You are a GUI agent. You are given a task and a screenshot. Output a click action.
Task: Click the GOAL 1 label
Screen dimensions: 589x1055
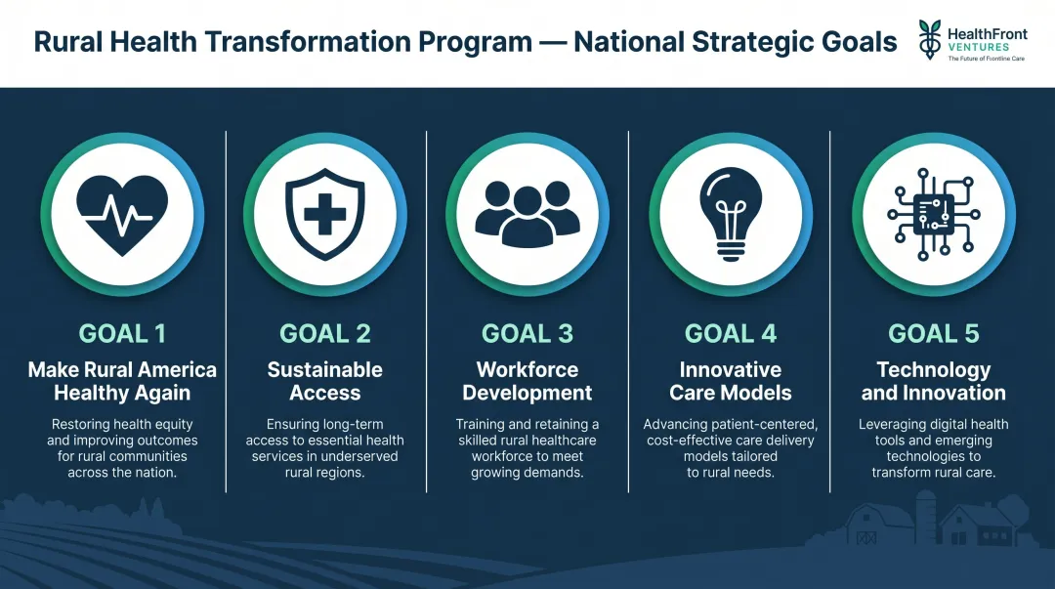(122, 333)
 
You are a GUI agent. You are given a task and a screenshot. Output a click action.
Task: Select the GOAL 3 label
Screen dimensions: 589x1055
(527, 333)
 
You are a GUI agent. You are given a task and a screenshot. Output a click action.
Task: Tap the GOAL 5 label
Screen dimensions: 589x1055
(933, 333)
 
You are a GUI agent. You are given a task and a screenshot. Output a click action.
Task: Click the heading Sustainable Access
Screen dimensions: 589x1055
(325, 381)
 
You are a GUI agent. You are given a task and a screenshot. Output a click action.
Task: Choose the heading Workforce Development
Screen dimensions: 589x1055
(527, 381)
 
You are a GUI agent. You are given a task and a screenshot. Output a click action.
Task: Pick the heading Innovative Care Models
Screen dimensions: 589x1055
(731, 381)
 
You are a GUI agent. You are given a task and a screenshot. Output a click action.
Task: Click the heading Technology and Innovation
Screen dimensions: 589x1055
(933, 381)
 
